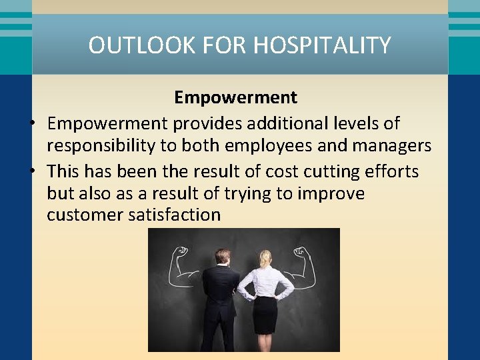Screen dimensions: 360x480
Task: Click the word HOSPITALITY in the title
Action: pos(322,45)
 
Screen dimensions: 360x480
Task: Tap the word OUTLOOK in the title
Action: pos(134,45)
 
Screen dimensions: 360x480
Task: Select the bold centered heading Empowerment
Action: pos(235,97)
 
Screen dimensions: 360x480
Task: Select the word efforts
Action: pos(393,171)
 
